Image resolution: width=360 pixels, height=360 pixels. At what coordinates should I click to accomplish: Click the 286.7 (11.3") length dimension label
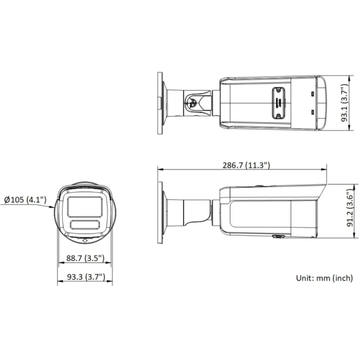coord(246,165)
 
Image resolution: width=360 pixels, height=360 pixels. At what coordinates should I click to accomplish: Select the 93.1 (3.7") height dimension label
coord(345,103)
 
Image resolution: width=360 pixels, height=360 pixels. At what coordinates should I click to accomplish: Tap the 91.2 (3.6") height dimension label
coord(350,208)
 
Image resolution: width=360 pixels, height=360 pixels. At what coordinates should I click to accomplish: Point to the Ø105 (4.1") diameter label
coord(25,199)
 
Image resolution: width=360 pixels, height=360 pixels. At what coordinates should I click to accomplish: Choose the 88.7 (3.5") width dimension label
coord(85,258)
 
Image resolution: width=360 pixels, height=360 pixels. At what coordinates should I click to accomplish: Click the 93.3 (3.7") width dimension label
coord(86,276)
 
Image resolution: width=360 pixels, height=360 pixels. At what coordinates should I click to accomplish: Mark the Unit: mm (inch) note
coord(324,278)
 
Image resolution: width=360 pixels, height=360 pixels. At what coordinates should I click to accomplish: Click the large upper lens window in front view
coord(85,206)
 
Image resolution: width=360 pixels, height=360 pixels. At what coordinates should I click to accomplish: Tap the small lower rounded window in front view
coord(85,224)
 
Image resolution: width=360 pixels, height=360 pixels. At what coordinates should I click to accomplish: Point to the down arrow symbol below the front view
coord(85,240)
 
